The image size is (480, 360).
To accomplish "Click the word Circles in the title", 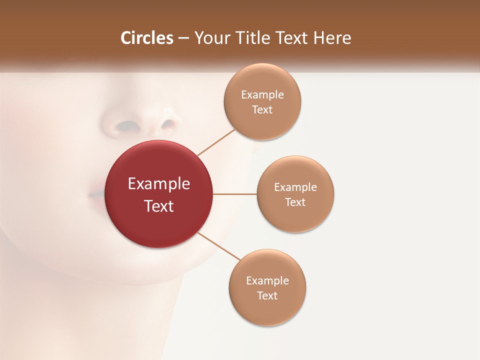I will (146, 38).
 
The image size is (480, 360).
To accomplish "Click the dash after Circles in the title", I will (183, 38).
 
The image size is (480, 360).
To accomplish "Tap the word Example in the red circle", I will (159, 184).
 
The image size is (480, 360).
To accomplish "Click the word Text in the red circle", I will (159, 206).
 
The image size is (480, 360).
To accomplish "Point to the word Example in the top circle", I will (262, 95).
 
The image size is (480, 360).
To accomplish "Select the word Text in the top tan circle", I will (262, 110).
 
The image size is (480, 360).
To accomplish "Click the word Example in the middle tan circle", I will (295, 187).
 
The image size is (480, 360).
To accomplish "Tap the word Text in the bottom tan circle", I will (267, 296).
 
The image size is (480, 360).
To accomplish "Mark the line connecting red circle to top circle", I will (216, 142).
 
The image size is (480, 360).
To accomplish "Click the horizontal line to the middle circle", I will (235, 194).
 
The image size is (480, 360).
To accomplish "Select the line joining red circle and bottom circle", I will (219, 246).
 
